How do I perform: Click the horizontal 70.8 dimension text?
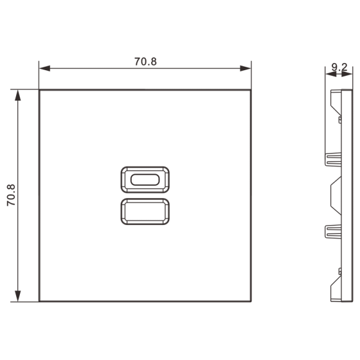145,61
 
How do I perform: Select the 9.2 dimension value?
340,68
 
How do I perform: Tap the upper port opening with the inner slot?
145,179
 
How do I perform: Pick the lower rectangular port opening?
145,212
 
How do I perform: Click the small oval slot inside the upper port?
145,179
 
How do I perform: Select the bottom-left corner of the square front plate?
40,301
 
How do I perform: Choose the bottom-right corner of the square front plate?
250,301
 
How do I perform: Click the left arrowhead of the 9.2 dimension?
328,74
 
